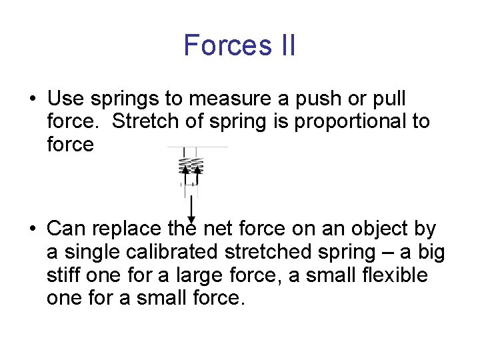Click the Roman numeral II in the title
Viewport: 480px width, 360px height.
pyautogui.click(x=283, y=45)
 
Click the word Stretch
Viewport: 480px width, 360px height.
pyautogui.click(x=143, y=122)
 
